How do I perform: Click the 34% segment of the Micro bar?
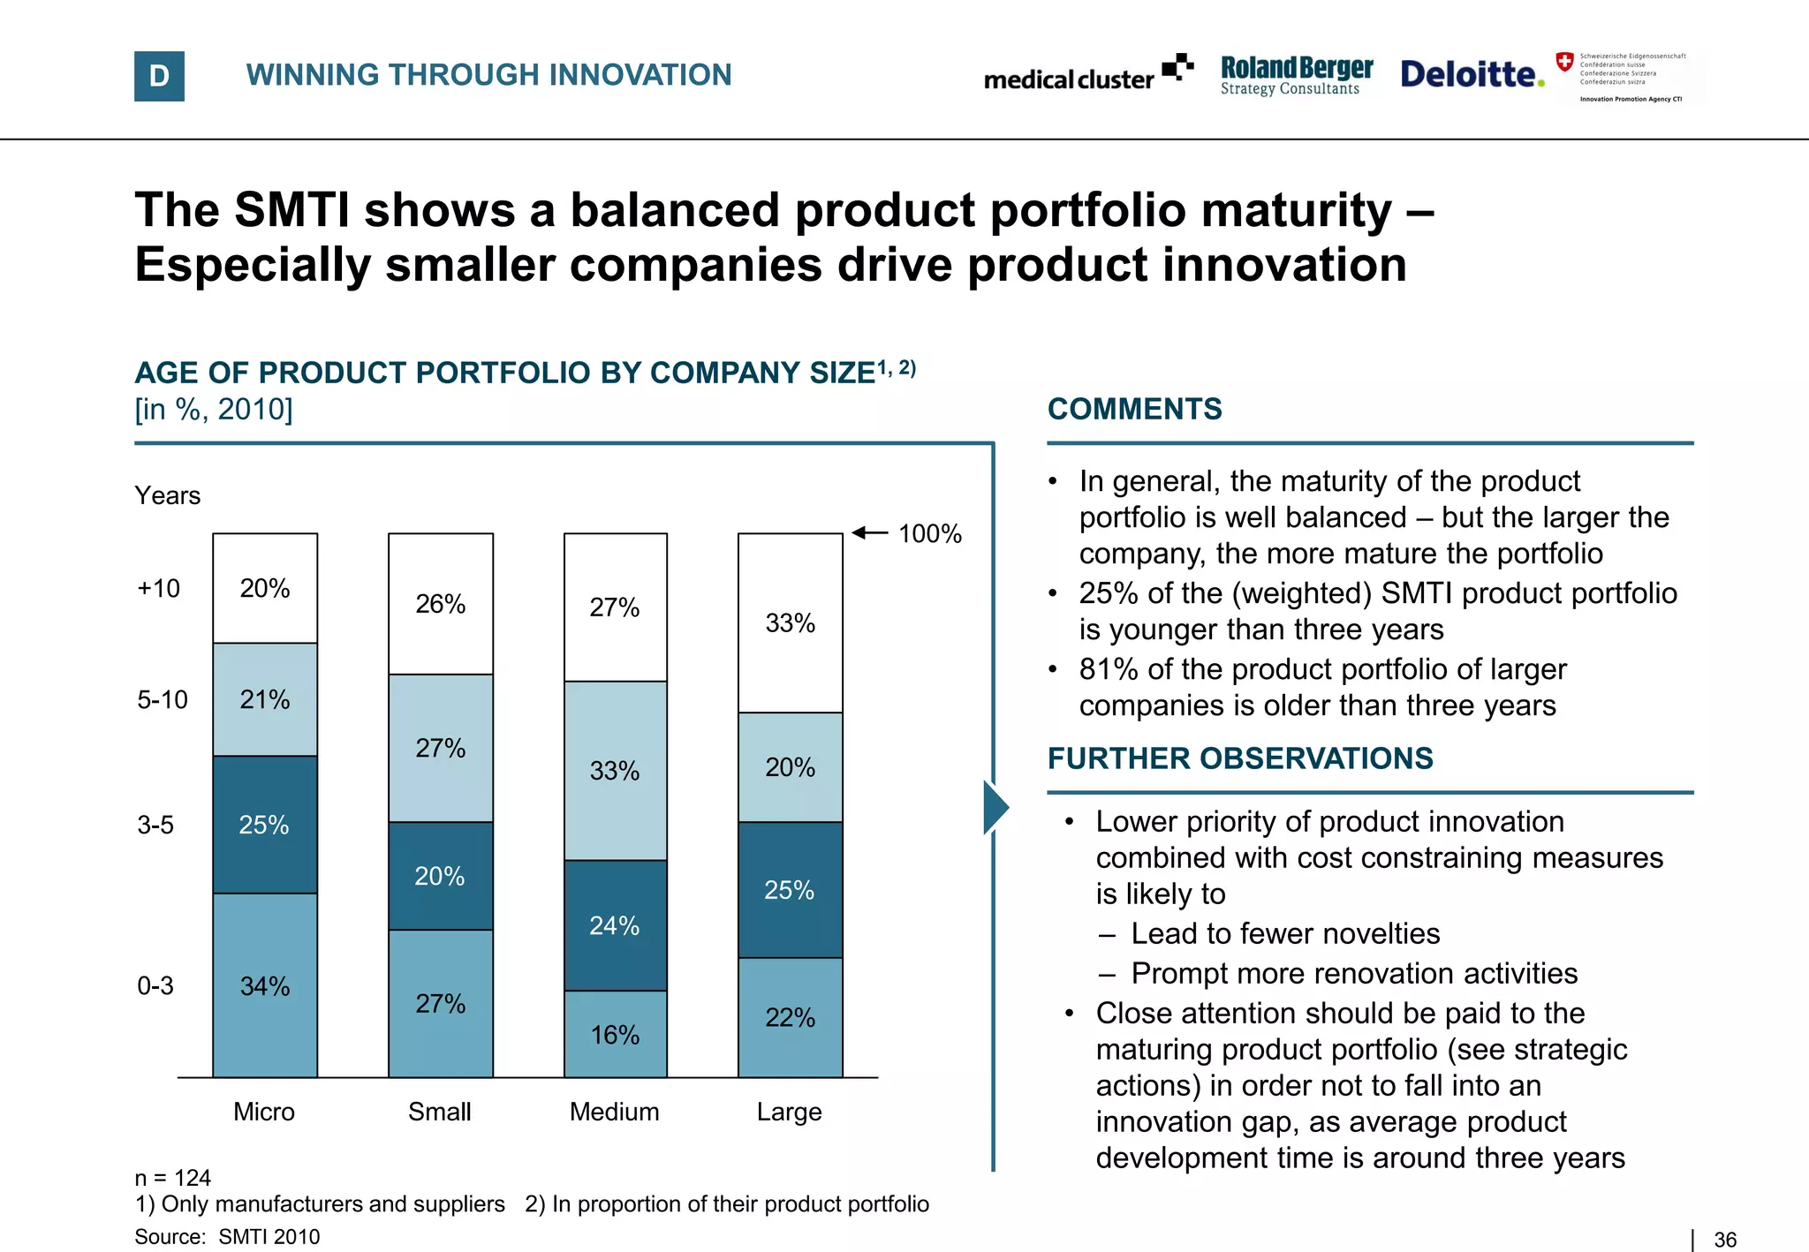(x=265, y=985)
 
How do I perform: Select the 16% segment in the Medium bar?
(x=616, y=1034)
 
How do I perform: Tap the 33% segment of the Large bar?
(x=791, y=623)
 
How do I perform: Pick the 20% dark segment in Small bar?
(x=440, y=876)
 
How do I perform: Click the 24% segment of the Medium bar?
(x=616, y=925)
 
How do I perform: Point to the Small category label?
(x=440, y=1112)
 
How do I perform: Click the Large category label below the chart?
(x=790, y=1112)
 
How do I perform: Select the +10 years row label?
(x=159, y=588)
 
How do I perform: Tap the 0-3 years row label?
(x=155, y=985)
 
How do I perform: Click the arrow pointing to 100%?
(x=870, y=532)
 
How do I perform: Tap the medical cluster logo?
(x=1087, y=75)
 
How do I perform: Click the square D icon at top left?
(x=159, y=76)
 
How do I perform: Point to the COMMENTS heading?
(x=1135, y=409)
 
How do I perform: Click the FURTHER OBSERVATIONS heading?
(x=1240, y=758)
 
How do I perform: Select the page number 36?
(x=1725, y=1240)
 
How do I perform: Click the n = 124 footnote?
(x=173, y=1178)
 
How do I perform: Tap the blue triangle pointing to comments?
(x=995, y=807)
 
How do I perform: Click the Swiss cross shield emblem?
(x=1564, y=62)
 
